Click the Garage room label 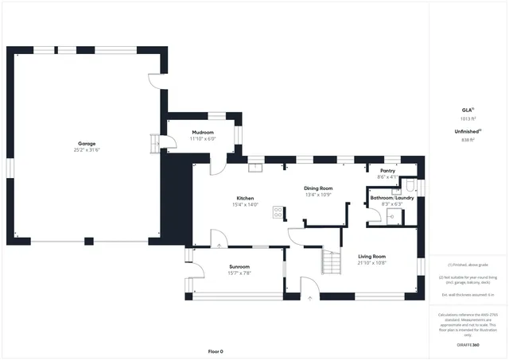[x=86, y=143]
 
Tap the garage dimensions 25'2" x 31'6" [x=86, y=149]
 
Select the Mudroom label [x=203, y=132]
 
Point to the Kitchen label [x=245, y=198]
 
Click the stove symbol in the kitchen [x=278, y=212]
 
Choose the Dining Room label [x=318, y=188]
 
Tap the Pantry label [x=387, y=171]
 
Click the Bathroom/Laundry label [x=391, y=197]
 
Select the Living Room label [x=371, y=256]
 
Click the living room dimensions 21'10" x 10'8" [x=371, y=262]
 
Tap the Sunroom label [x=239, y=267]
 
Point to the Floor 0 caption [x=216, y=351]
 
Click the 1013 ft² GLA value [x=467, y=118]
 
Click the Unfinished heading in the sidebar [x=466, y=132]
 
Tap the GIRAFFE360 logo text [x=468, y=346]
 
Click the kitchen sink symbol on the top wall [x=256, y=167]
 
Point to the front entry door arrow [x=310, y=299]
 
